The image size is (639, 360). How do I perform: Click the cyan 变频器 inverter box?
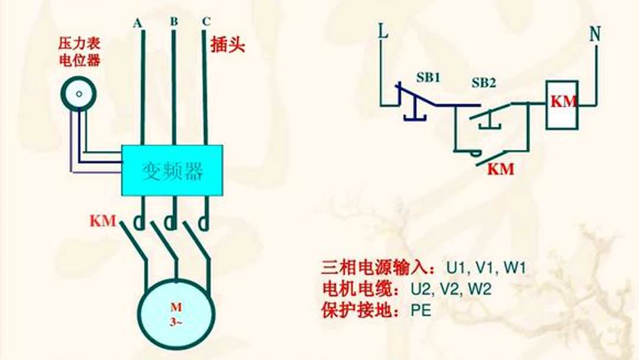click(x=172, y=171)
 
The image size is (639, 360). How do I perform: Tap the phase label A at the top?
click(x=137, y=24)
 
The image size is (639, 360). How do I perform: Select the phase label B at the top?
click(x=174, y=21)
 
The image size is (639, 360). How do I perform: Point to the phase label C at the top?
click(x=206, y=21)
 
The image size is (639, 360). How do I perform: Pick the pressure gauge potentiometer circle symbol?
click(x=79, y=94)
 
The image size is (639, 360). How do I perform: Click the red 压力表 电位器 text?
click(x=79, y=52)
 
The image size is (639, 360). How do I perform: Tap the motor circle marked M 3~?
click(x=176, y=314)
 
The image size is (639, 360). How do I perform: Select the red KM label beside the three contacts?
click(x=103, y=221)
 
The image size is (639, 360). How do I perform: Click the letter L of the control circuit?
click(x=383, y=31)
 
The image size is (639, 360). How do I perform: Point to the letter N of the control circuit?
click(x=595, y=34)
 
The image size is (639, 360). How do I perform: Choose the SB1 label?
click(x=428, y=78)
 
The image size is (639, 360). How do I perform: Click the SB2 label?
click(x=484, y=83)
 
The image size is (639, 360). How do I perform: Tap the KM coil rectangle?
click(x=562, y=105)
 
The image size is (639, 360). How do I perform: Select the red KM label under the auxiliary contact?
click(x=501, y=169)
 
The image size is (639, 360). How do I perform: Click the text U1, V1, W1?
click(x=486, y=268)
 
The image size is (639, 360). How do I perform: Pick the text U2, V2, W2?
click(x=451, y=289)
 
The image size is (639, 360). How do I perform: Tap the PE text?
click(x=421, y=310)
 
